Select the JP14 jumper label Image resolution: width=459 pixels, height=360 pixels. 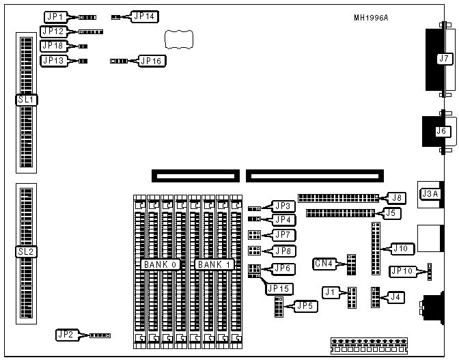(145, 16)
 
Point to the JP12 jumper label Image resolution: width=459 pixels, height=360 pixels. (53, 31)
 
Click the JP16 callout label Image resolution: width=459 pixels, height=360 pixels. (152, 61)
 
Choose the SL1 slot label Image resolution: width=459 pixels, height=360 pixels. (27, 100)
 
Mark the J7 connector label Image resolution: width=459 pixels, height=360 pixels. (444, 59)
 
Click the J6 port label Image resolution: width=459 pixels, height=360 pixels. (442, 131)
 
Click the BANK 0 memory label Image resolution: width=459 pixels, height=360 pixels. (160, 264)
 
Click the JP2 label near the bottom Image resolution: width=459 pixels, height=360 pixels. (66, 335)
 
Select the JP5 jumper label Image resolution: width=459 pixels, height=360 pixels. (304, 306)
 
